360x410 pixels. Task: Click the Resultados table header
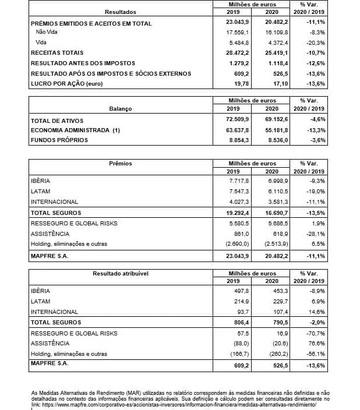(x=121, y=12)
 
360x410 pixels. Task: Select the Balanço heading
(x=121, y=108)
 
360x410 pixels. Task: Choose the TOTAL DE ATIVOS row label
(x=55, y=119)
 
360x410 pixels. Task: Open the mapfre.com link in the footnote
(x=181, y=404)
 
